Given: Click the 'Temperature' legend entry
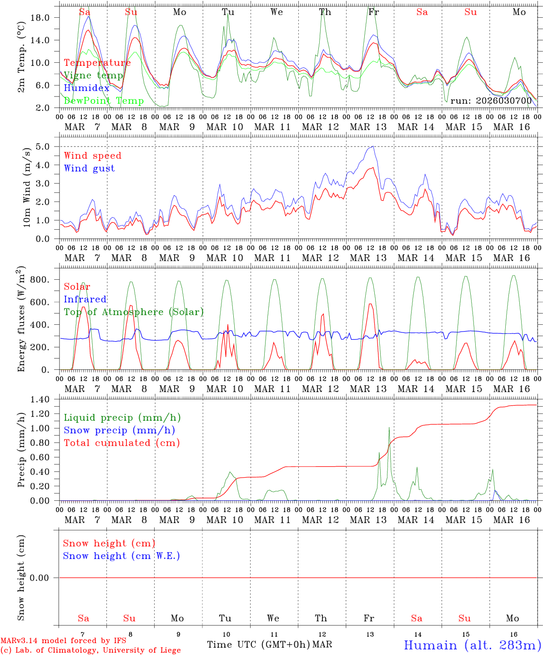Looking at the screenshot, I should (97, 63).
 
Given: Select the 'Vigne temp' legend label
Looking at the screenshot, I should (93, 76).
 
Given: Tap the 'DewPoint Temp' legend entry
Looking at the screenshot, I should (104, 101).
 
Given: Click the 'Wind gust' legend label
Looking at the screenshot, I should (89, 168).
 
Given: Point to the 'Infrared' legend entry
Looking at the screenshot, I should (85, 299).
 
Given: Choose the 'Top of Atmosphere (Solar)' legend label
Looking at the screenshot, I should (134, 312).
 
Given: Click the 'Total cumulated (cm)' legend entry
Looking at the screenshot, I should (121, 443).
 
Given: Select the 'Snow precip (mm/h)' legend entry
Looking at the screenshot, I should (119, 430).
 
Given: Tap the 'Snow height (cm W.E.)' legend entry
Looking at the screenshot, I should (121, 556).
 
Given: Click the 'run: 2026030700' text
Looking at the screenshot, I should (490, 101).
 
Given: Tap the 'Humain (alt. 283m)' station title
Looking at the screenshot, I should (472, 645).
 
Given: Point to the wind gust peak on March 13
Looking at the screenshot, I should (373, 146).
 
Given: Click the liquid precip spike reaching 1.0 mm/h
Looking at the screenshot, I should (389, 428).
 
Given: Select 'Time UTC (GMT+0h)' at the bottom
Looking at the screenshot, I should (258, 645).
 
